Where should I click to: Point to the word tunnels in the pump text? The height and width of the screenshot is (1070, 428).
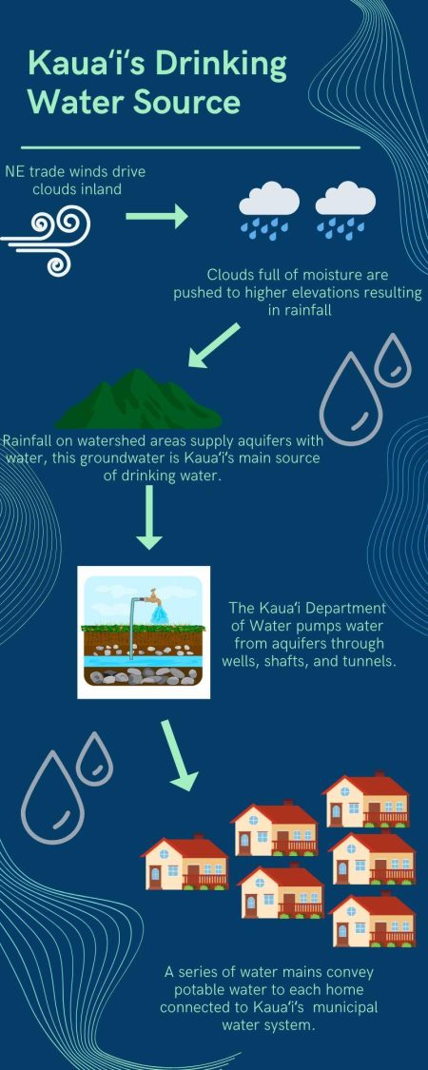(365, 661)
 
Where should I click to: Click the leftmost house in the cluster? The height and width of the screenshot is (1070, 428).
(185, 864)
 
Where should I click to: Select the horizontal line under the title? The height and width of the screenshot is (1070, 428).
(190, 147)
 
